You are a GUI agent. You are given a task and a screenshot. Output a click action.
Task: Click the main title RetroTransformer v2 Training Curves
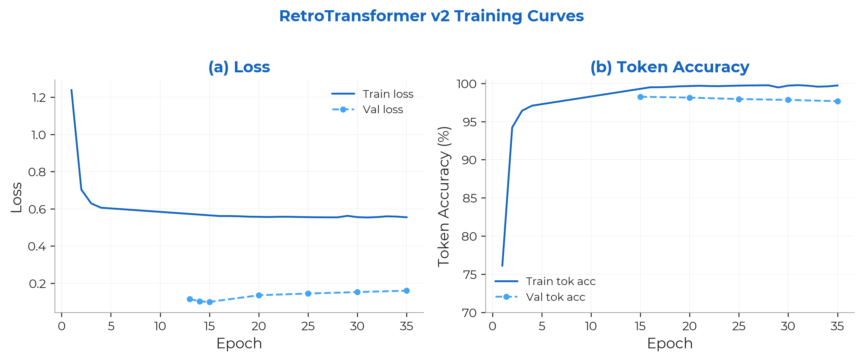[x=431, y=16]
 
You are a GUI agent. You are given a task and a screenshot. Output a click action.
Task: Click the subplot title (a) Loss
[x=239, y=67]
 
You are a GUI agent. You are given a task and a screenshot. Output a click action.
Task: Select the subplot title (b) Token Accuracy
[x=670, y=67]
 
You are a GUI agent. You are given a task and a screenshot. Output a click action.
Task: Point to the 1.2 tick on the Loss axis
[x=38, y=97]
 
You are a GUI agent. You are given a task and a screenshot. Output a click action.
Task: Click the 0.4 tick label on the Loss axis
[x=37, y=246]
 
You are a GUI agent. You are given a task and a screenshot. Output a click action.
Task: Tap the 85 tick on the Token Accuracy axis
[x=469, y=198]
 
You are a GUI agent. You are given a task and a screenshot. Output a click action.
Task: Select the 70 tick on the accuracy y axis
[x=469, y=313]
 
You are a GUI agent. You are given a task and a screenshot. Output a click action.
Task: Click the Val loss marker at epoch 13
[x=190, y=299]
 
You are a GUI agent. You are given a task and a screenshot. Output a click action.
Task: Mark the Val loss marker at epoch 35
[x=406, y=291]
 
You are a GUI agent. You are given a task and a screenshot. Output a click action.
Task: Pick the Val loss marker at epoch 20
[x=259, y=295]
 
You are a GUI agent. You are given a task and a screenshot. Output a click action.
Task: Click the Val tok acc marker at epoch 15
[x=640, y=97]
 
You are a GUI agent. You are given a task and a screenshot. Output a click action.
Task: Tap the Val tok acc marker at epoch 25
[x=739, y=99]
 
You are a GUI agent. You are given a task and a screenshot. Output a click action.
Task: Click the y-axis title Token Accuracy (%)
[x=444, y=196]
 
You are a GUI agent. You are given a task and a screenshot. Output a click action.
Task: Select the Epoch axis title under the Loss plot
[x=239, y=343]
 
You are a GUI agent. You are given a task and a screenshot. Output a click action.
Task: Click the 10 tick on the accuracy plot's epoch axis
[x=590, y=326]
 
